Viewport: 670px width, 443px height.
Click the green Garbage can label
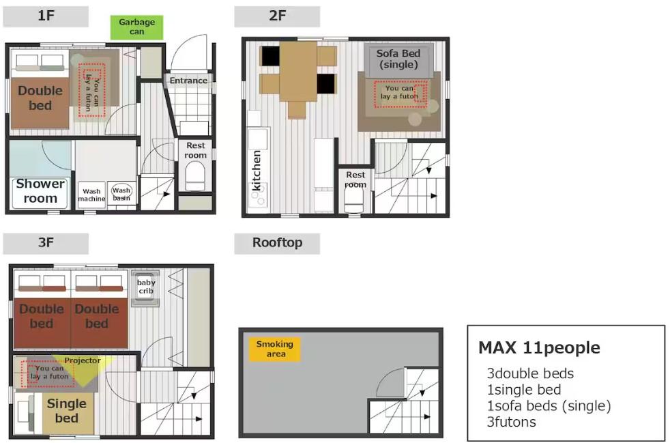click(x=136, y=27)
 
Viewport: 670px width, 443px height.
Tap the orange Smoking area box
click(x=275, y=349)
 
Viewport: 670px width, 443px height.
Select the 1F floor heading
click(x=46, y=16)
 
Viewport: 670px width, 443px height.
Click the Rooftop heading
click(x=277, y=243)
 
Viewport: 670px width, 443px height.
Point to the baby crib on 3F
click(x=146, y=288)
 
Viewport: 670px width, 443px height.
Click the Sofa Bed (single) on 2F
click(x=398, y=59)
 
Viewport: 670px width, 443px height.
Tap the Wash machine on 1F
click(x=92, y=195)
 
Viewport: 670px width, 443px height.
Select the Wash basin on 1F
click(x=121, y=193)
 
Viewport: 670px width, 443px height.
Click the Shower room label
click(x=40, y=191)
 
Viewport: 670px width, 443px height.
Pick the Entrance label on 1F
click(x=188, y=81)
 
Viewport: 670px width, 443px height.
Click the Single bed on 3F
click(x=67, y=412)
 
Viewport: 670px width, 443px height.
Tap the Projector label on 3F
click(x=83, y=360)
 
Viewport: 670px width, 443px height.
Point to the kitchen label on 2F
click(x=257, y=170)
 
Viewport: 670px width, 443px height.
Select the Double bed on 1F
click(x=40, y=98)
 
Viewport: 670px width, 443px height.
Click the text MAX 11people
click(x=539, y=347)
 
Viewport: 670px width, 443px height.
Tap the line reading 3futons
click(x=511, y=422)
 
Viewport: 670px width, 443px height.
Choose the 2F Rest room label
click(x=355, y=180)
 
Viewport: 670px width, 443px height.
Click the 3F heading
click(x=46, y=243)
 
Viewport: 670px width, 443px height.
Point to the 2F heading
click(x=277, y=16)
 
